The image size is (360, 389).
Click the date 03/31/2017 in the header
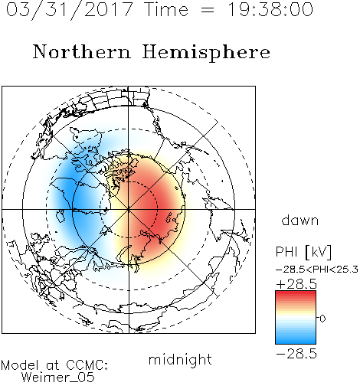click(70, 10)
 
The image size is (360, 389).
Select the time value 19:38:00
click(270, 9)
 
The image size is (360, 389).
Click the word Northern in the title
click(82, 52)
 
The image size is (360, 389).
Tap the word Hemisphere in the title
click(206, 53)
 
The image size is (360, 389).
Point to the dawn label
click(300, 220)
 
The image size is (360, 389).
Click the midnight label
click(180, 359)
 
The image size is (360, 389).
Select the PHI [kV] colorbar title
click(303, 252)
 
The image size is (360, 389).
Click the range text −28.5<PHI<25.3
click(317, 270)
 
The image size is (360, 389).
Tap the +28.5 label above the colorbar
click(296, 284)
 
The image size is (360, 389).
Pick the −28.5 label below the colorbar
click(296, 354)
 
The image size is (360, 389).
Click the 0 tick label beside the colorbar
click(322, 319)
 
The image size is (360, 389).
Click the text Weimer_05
click(57, 378)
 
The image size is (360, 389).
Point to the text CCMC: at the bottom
click(87, 365)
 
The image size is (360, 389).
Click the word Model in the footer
click(20, 365)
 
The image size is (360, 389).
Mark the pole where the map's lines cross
click(129, 210)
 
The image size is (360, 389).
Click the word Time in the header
click(166, 9)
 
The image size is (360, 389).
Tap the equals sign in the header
click(208, 10)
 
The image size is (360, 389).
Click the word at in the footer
click(53, 365)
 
